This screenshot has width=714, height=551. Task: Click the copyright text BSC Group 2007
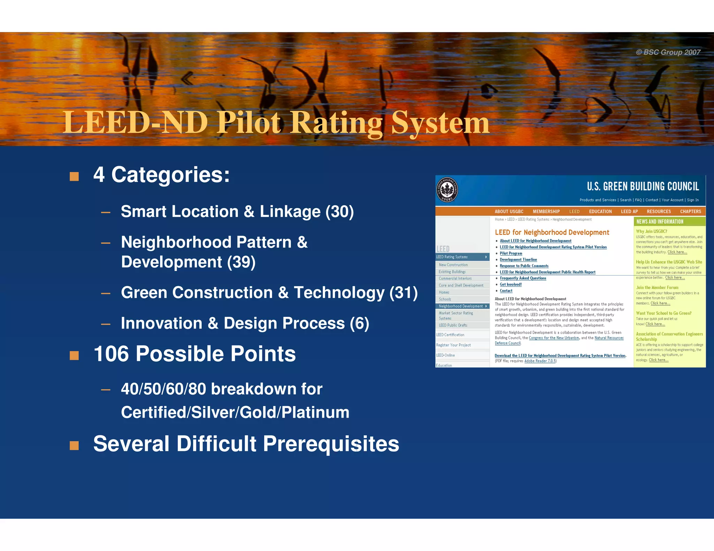[x=668, y=52]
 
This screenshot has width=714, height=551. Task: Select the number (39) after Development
[x=241, y=262]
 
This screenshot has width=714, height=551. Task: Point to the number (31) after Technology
[x=403, y=293]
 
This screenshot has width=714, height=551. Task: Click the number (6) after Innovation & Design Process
[x=359, y=323]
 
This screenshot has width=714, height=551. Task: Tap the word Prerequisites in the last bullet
[x=331, y=444]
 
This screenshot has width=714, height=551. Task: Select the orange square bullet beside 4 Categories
[x=74, y=176]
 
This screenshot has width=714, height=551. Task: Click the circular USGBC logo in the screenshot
[x=447, y=190]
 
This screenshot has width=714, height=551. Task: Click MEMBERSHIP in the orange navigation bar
[x=546, y=211]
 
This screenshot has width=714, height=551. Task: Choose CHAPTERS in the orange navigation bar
[x=690, y=211]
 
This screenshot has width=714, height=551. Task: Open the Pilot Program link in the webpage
[x=511, y=253]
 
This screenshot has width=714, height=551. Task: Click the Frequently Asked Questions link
[x=523, y=278]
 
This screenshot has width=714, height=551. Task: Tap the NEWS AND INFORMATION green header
[x=660, y=222]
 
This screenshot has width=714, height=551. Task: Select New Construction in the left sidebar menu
[x=453, y=265]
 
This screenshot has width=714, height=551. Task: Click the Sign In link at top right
[x=693, y=200]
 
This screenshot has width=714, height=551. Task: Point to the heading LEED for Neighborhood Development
[x=552, y=232]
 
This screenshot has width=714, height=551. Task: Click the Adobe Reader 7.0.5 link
[x=540, y=361]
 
